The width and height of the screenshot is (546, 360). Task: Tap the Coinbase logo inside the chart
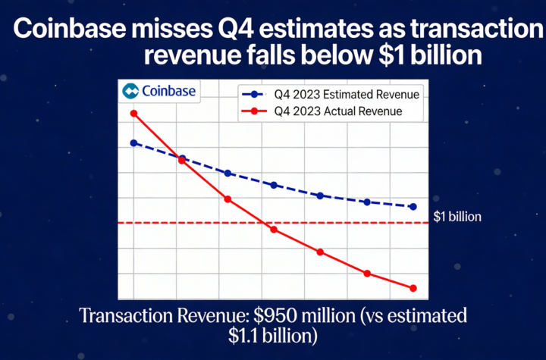point(159,92)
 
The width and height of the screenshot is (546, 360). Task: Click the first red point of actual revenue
point(133,114)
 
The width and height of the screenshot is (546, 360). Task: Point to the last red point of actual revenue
point(413,288)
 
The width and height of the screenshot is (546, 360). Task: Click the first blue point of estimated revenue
point(133,142)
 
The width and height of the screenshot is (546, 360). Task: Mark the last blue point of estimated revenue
point(413,206)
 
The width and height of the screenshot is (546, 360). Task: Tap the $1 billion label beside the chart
point(457,217)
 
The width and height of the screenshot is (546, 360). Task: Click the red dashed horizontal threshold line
point(341,223)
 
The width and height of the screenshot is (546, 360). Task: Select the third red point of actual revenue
point(227,199)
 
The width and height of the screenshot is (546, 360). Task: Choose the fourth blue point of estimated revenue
point(274,185)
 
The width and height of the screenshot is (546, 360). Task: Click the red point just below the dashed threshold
point(274,230)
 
